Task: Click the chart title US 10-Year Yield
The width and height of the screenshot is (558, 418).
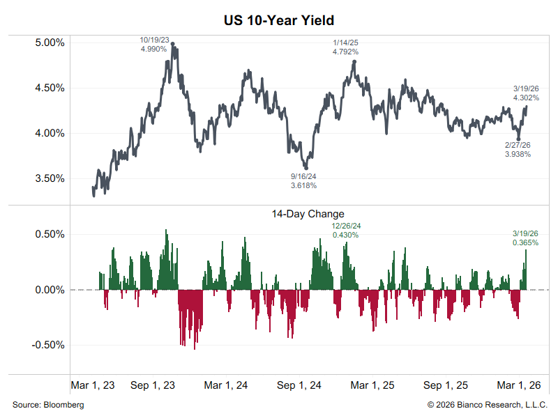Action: pyautogui.click(x=279, y=22)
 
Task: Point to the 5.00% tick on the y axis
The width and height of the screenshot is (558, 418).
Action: pyautogui.click(x=50, y=42)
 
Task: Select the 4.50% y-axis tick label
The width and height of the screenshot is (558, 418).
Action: pyautogui.click(x=50, y=88)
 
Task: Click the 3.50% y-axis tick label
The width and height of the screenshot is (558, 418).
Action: pyautogui.click(x=50, y=178)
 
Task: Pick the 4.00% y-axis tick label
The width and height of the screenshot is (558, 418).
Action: pyautogui.click(x=50, y=133)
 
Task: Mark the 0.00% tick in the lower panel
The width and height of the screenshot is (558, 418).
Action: pyautogui.click(x=50, y=290)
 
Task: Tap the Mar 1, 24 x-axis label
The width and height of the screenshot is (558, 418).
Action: pyautogui.click(x=227, y=385)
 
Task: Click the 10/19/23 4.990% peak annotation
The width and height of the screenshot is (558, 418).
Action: pyautogui.click(x=154, y=45)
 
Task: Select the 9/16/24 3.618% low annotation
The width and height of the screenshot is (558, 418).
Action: pyautogui.click(x=304, y=181)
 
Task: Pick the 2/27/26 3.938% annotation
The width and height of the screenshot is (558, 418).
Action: pyautogui.click(x=518, y=149)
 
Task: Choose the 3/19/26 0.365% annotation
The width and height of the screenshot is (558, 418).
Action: pyautogui.click(x=525, y=238)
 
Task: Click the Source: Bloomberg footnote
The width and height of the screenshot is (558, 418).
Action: pyautogui.click(x=48, y=405)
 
